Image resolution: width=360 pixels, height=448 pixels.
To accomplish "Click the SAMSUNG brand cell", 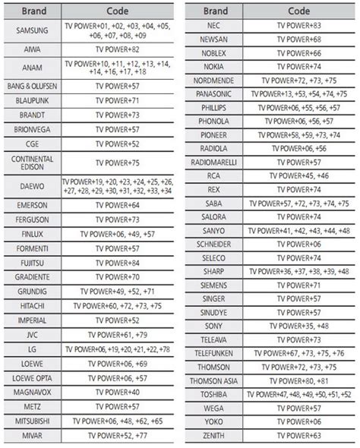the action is (x=32, y=30).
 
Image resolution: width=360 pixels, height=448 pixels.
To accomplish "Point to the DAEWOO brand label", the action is (x=32, y=185).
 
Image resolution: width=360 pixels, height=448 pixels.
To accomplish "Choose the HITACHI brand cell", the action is (x=32, y=306).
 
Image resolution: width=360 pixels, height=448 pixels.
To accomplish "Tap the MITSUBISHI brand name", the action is (x=32, y=421).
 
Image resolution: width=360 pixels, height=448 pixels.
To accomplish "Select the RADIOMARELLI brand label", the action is (x=213, y=163).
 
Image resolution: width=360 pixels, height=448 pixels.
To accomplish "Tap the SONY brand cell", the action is (x=213, y=327).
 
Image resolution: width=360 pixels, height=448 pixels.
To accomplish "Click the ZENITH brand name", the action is (x=213, y=437).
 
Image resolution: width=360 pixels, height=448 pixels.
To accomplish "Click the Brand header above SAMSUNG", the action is (x=32, y=11).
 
